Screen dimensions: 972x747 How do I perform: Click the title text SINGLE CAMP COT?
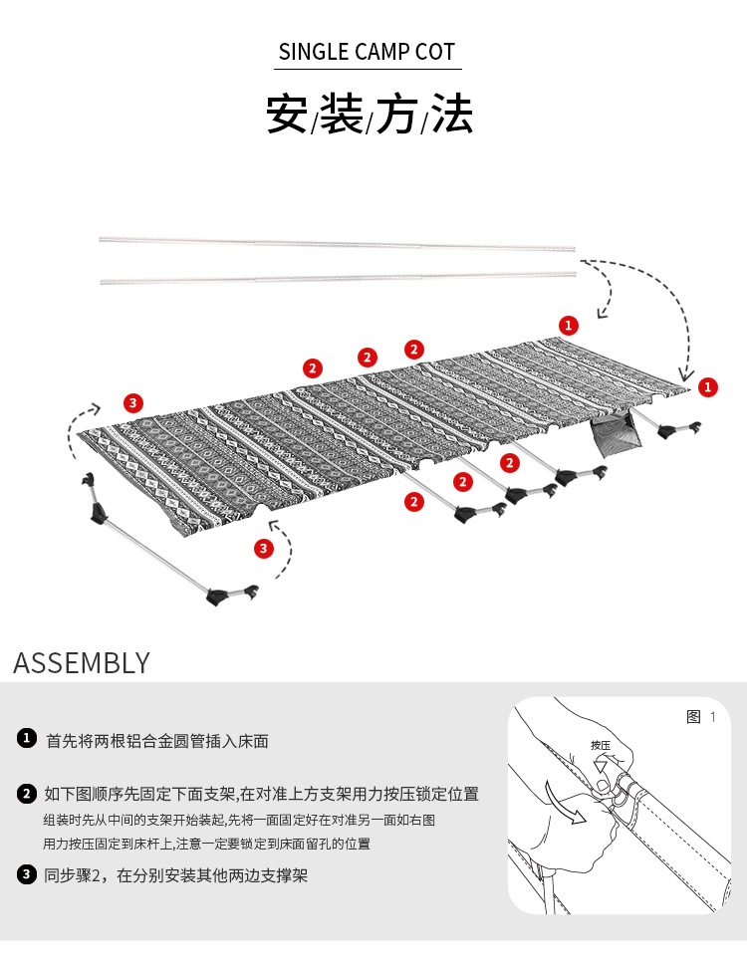coord(367,53)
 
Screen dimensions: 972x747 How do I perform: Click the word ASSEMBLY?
coord(82,663)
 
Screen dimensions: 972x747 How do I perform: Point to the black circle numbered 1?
coord(27,740)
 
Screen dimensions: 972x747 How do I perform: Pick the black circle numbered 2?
coord(27,794)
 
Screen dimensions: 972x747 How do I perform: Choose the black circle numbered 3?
coord(27,875)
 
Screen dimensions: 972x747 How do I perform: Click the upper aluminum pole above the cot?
coord(339,242)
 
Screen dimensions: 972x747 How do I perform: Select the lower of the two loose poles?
coord(339,277)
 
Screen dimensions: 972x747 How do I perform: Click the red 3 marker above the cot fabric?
coord(133,403)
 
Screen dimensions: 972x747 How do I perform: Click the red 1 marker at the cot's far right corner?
coord(707,387)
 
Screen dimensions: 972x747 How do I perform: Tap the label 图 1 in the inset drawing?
coord(701,717)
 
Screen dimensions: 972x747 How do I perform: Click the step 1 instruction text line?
coord(157,741)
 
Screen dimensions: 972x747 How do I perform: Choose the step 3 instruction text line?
coord(176,876)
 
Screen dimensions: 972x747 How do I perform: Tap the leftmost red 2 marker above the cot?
coord(314,368)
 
